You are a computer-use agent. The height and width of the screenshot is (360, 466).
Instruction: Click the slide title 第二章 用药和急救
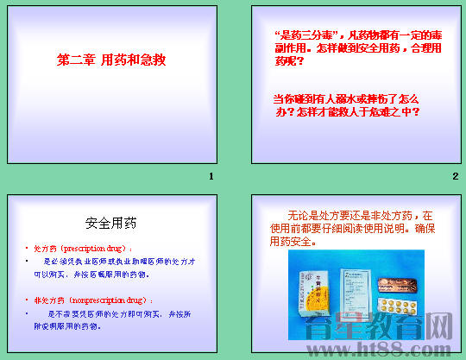110,61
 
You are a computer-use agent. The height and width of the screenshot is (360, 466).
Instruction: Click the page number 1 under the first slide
211,176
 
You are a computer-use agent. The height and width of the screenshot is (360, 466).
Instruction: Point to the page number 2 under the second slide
454,176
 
